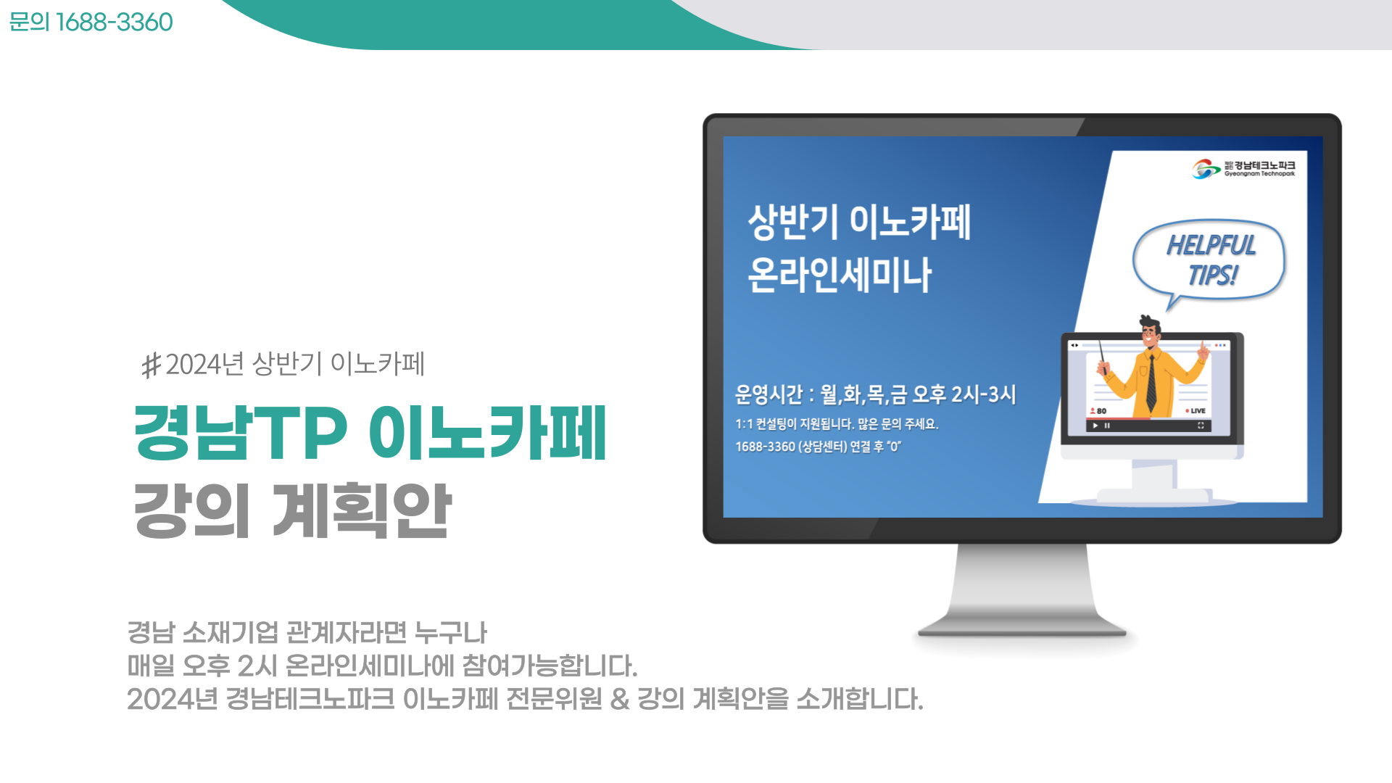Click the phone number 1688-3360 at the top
(114, 22)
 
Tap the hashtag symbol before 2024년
(152, 365)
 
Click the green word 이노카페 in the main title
(487, 433)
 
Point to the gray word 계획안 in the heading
(362, 510)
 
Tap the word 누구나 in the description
(450, 633)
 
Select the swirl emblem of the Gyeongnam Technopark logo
(1206, 169)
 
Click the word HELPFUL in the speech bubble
(1211, 246)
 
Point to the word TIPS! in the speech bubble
(1213, 275)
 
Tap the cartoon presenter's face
(1150, 335)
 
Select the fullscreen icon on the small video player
(1201, 426)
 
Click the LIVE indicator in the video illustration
(1196, 411)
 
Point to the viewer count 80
(1098, 411)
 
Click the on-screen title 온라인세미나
(840, 275)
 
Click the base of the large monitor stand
(1022, 631)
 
